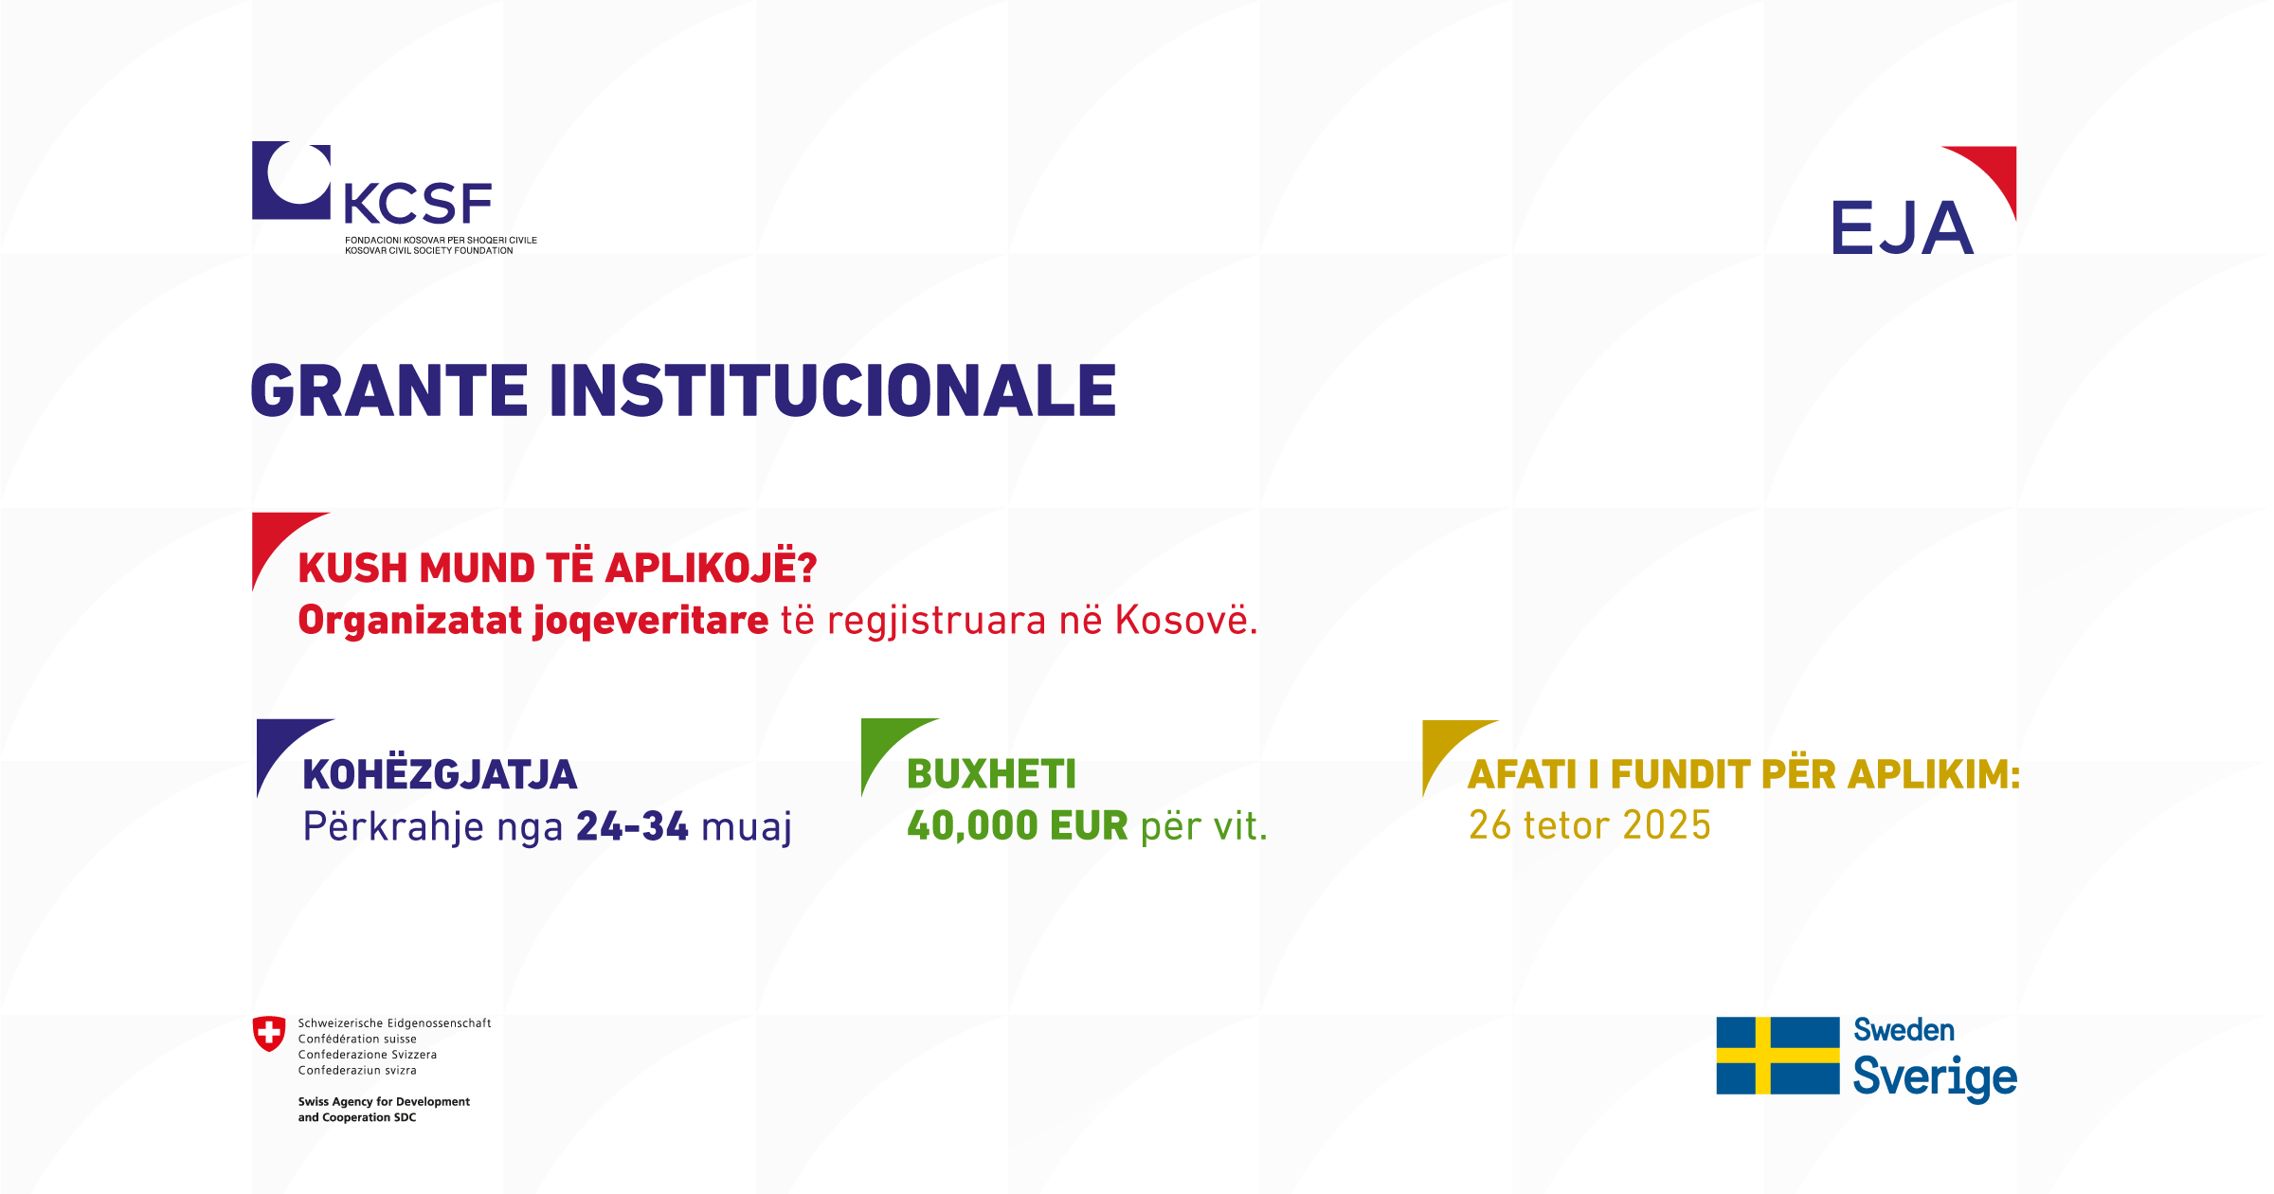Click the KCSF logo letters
pos(418,203)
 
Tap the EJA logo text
pos(1902,228)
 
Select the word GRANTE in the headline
pos(388,390)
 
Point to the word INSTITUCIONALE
pos(833,390)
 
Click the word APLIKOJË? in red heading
pos(711,567)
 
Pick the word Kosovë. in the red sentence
pos(1186,621)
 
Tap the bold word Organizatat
pos(410,622)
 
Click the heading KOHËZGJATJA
pos(440,775)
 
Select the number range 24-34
pos(632,826)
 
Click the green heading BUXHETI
pos(991,774)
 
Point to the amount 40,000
pos(972,826)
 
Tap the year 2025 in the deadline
pos(1667,825)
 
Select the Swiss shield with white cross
pos(269,1034)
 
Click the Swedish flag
pos(1778,1056)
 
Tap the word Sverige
pos(1935,1077)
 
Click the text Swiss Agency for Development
pos(384,1101)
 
